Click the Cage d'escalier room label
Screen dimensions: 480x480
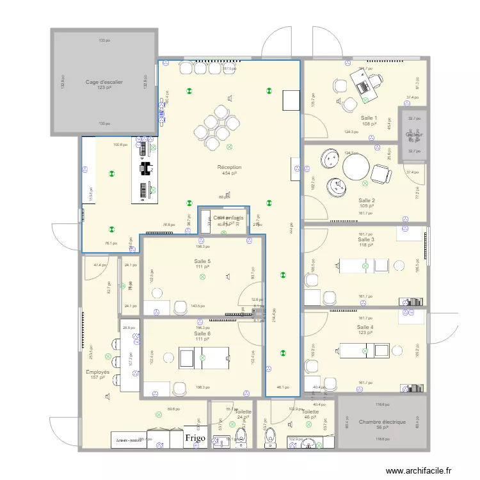[x=104, y=82]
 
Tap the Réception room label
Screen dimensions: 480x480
[x=229, y=167]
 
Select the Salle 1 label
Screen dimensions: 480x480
[x=369, y=118]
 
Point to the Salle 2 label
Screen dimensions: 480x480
[x=367, y=200]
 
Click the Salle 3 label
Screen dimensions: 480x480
[x=366, y=239]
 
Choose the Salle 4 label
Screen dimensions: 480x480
[x=365, y=327]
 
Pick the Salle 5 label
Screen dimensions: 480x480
[x=202, y=261]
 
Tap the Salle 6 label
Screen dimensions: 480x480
[x=202, y=333]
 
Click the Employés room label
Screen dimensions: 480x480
[x=98, y=372]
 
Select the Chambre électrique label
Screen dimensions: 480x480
[x=382, y=422]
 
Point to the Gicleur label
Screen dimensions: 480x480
[x=414, y=135]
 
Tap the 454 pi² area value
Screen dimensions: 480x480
[x=229, y=173]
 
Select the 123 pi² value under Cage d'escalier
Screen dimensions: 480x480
[x=104, y=88]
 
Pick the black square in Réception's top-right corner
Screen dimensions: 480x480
[x=291, y=99]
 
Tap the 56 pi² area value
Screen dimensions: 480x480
[x=382, y=428]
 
